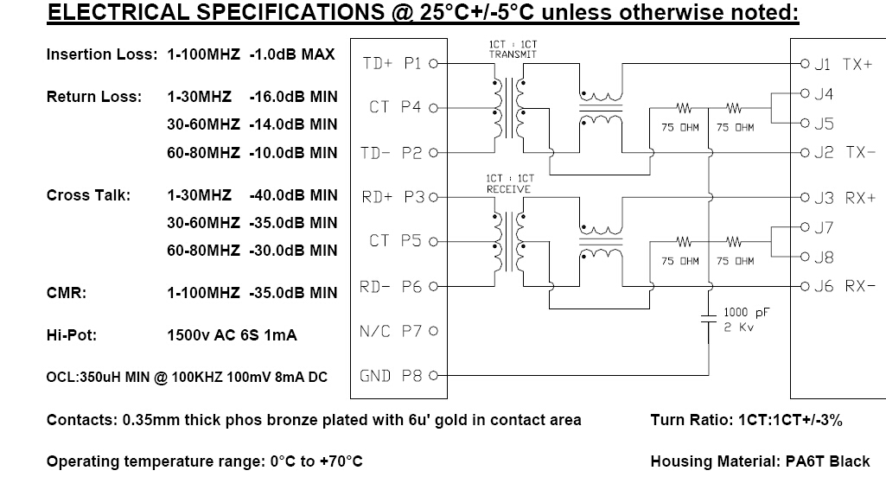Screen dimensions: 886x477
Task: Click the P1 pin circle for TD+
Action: coord(433,63)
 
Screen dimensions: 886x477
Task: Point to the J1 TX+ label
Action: coord(843,65)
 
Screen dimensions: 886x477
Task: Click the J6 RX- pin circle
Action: coord(806,287)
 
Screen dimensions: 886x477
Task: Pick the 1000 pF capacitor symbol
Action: coord(709,318)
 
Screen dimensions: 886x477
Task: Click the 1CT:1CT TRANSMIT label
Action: coord(513,50)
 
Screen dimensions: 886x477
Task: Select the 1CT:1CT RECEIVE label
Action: coord(510,184)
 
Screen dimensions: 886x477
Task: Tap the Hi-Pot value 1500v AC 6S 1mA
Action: coord(232,335)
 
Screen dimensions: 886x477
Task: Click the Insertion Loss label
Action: coord(102,54)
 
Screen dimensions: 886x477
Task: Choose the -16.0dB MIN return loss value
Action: coord(293,97)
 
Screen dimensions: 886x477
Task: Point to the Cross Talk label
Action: coord(88,195)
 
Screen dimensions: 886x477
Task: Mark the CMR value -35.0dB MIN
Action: coord(293,293)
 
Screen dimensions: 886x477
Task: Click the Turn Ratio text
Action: coord(747,420)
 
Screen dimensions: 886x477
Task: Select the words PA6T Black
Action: coord(828,461)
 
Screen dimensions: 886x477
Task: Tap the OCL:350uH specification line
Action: coord(187,377)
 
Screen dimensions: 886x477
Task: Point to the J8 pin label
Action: coord(824,258)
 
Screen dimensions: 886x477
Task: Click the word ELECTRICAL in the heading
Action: coord(118,12)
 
